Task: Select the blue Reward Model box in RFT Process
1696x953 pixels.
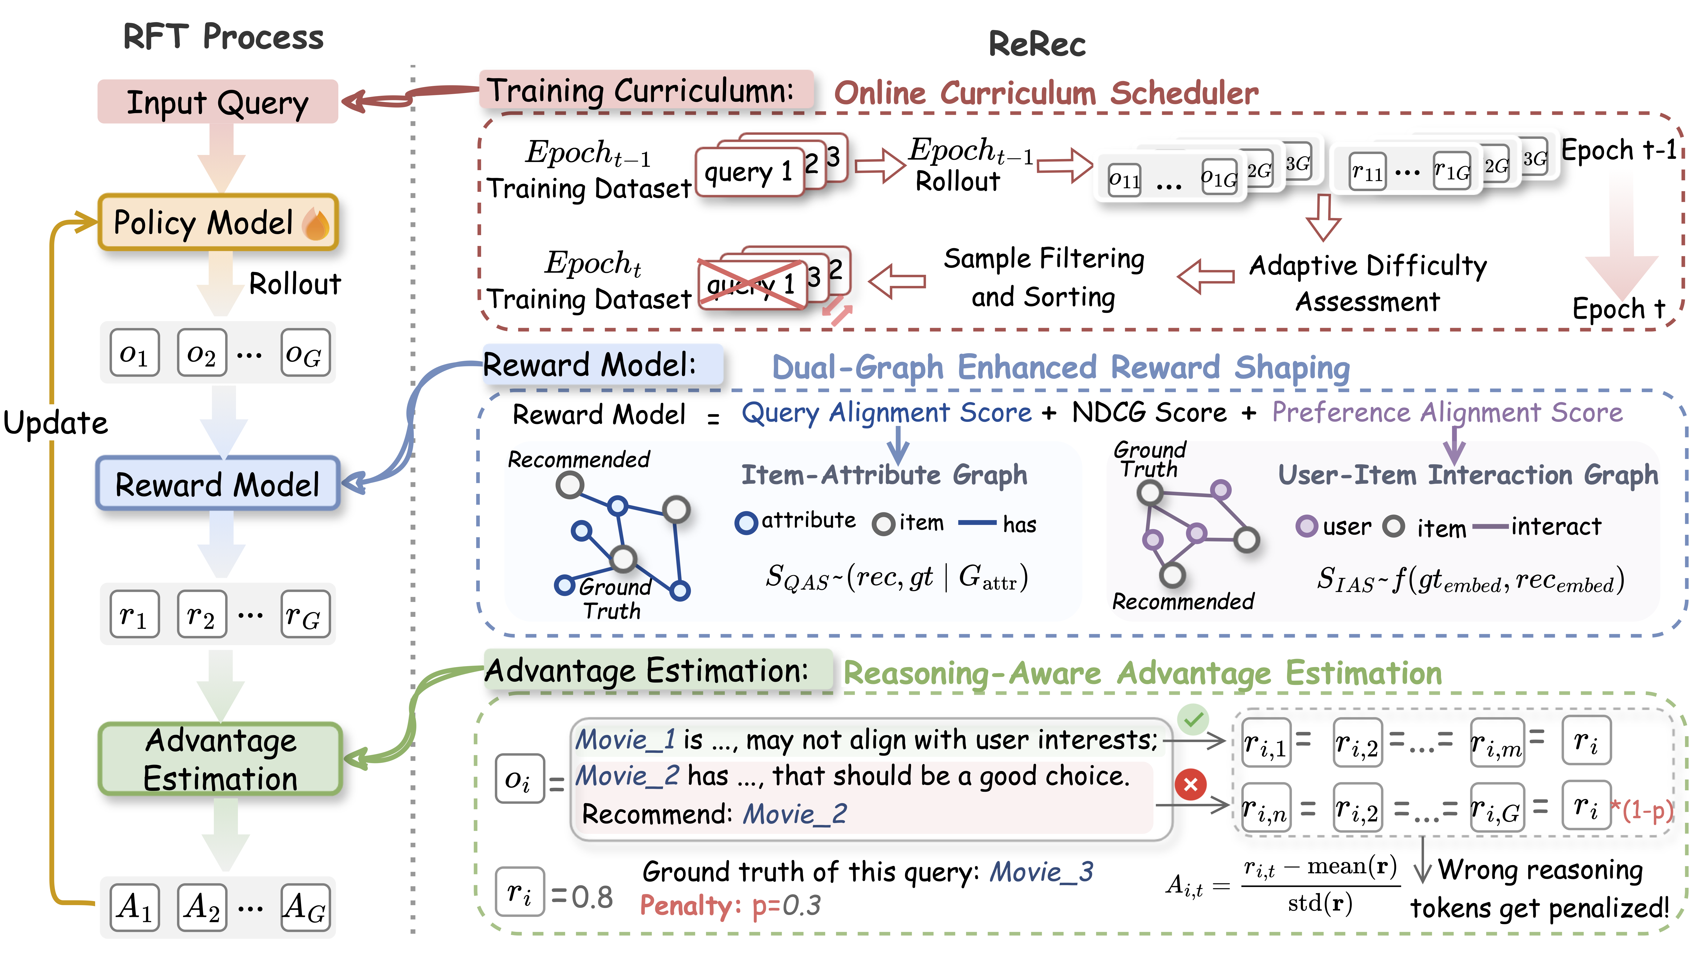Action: tap(218, 484)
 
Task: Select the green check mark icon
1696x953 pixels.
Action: tap(1193, 719)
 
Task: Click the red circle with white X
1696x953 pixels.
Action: tap(1190, 785)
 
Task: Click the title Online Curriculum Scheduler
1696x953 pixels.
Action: tap(1046, 93)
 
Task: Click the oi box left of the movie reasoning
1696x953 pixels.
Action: tap(519, 779)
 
